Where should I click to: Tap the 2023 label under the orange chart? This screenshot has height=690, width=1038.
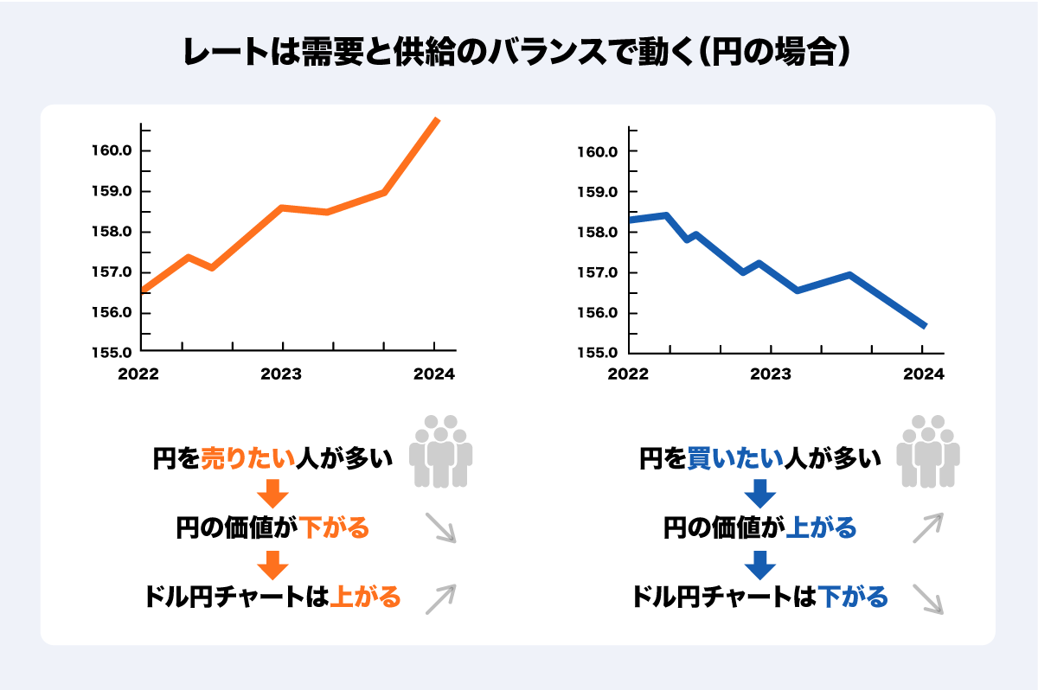(x=280, y=374)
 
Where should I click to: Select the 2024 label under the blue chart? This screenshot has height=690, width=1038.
(x=923, y=374)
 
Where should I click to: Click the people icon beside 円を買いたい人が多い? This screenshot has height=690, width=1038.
(x=928, y=450)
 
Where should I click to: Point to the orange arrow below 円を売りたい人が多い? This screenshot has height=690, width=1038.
(x=272, y=493)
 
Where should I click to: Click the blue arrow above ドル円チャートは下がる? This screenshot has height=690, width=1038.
(x=760, y=564)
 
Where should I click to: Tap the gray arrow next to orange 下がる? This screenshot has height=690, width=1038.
(x=440, y=528)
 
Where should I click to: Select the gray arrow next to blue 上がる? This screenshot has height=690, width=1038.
(x=927, y=527)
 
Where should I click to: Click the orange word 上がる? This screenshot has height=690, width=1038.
(x=366, y=597)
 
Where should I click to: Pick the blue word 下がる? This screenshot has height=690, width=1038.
(x=853, y=597)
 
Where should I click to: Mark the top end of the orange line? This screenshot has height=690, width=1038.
(x=438, y=119)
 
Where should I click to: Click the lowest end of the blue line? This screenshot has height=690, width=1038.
(x=925, y=326)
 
